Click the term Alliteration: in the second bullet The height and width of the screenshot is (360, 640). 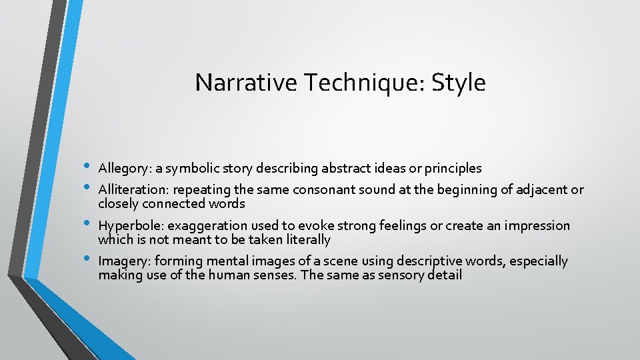(131, 190)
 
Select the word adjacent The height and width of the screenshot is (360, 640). (539, 190)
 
